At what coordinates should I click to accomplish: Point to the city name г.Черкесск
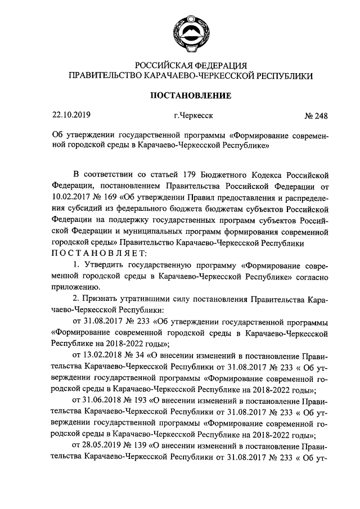tap(193, 116)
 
